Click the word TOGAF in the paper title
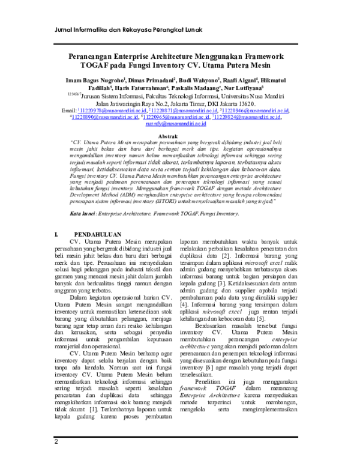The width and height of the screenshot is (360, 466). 103,65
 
